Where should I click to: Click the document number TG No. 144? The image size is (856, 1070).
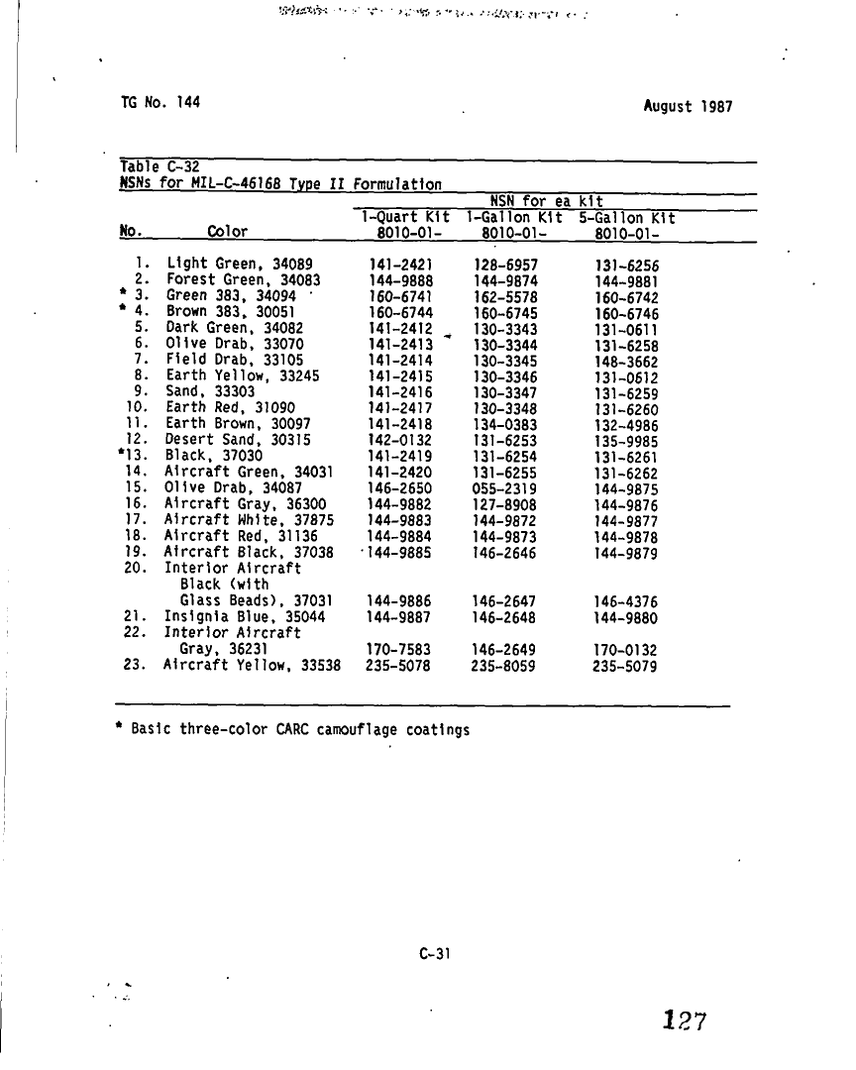coord(160,102)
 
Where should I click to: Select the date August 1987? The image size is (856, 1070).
coord(688,106)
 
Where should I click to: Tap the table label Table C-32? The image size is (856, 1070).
coord(160,166)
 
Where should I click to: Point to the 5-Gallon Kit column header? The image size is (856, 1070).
coord(627,218)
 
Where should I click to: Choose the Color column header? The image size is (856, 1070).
coord(228,232)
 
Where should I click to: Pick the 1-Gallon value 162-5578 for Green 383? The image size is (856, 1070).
coord(505,297)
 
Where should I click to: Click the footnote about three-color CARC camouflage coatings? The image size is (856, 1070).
coord(292,730)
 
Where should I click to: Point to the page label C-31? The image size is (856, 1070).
coord(435,954)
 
